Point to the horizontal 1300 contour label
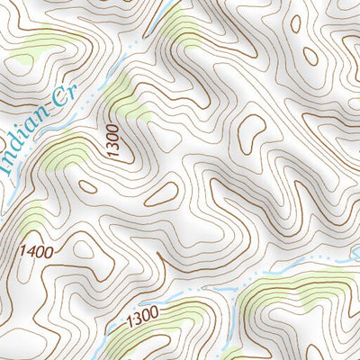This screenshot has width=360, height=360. (142, 316)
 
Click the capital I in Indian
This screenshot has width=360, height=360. (4, 166)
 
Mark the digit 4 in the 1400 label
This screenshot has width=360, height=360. (29, 250)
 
